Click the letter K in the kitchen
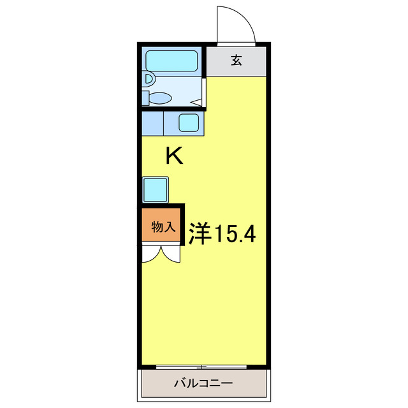click(174, 156)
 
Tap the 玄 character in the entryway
click(236, 61)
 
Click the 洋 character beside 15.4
click(200, 235)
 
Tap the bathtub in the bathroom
click(171, 61)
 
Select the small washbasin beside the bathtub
click(149, 80)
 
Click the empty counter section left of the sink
click(152, 122)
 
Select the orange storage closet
click(162, 226)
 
